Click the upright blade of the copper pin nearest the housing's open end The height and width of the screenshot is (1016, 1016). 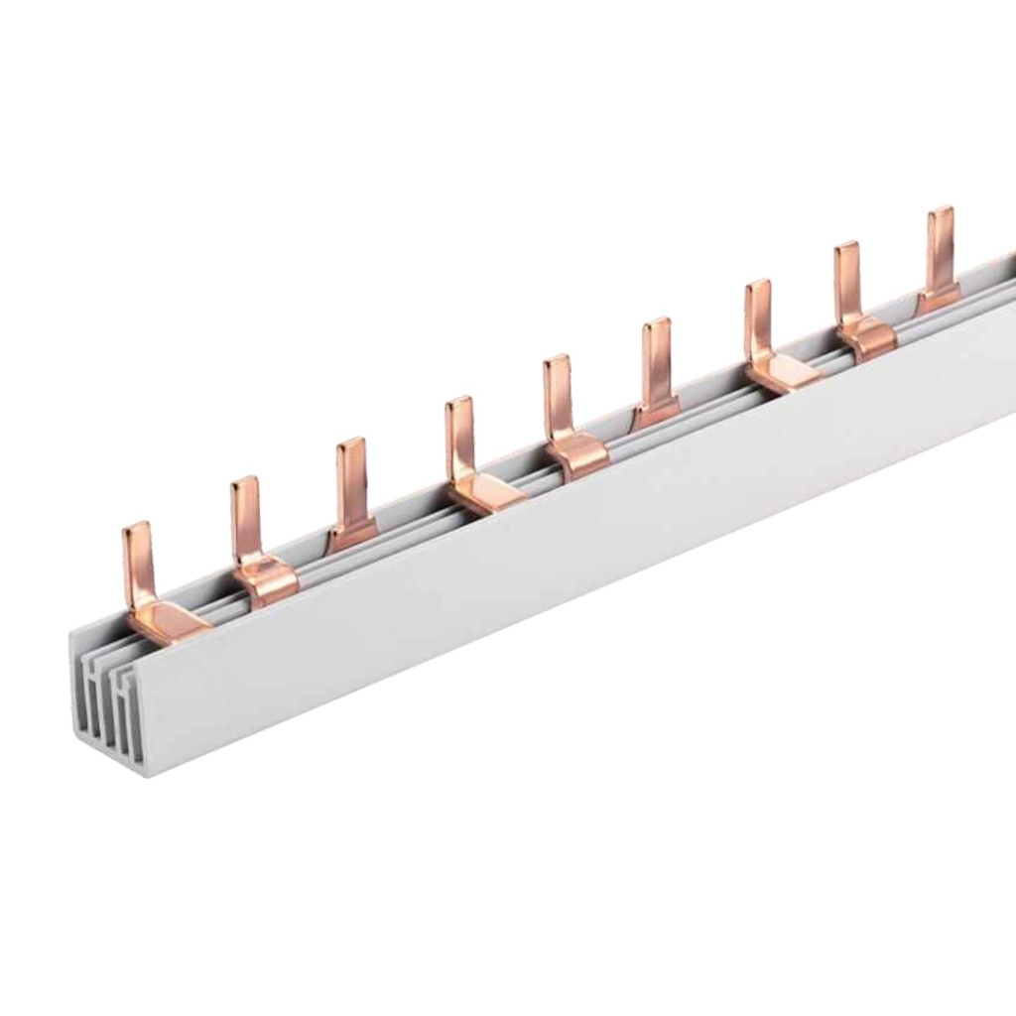(x=137, y=561)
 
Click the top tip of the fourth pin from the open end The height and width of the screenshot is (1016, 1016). (x=458, y=403)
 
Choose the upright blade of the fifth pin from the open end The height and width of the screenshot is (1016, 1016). (x=558, y=397)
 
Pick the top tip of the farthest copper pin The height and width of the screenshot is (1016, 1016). (x=940, y=213)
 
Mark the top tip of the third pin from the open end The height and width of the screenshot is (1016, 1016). (x=350, y=444)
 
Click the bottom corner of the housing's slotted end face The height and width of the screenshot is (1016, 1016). (x=146, y=774)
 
